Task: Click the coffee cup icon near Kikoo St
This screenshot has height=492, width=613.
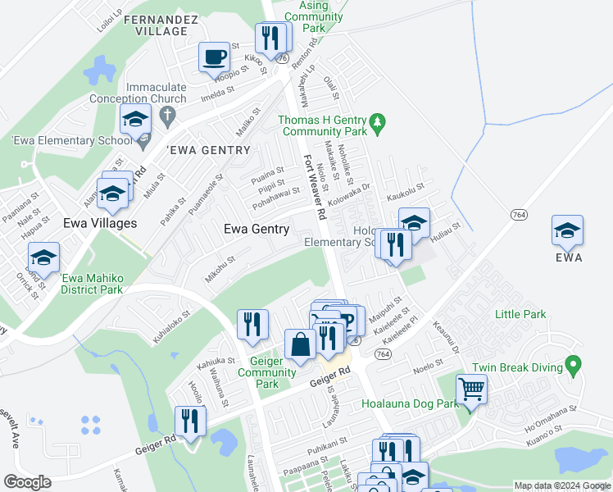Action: click(x=215, y=57)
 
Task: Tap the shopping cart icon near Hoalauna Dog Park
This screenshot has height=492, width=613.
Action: click(x=472, y=389)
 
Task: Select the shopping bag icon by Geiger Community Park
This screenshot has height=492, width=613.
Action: click(x=300, y=344)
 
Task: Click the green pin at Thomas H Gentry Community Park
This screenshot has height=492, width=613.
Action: click(x=377, y=125)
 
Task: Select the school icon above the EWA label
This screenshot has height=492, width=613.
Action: click(x=567, y=230)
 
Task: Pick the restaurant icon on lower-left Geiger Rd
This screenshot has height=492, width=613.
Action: click(x=189, y=422)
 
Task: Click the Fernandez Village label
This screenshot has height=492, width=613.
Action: click(x=156, y=24)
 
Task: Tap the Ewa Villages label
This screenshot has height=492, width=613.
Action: click(x=100, y=223)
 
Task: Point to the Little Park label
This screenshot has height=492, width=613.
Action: click(x=520, y=314)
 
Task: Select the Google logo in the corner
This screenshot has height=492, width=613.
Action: click(x=27, y=482)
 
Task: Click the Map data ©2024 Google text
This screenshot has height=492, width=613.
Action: click(x=561, y=485)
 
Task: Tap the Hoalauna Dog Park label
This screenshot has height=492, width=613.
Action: click(x=411, y=403)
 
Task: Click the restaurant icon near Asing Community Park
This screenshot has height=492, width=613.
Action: click(x=269, y=37)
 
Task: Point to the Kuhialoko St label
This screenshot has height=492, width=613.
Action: click(x=169, y=324)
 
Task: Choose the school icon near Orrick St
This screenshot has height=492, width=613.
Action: click(x=44, y=256)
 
